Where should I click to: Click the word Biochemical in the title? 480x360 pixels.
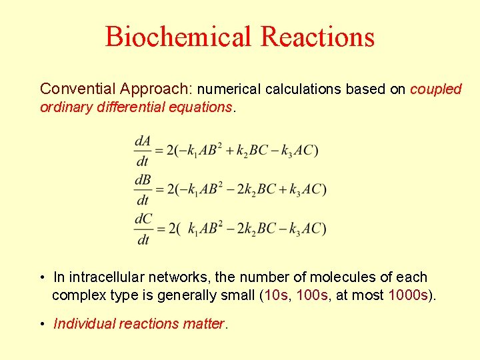point(179,37)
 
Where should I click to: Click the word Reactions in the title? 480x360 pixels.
point(318,37)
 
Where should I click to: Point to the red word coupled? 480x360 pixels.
point(436,89)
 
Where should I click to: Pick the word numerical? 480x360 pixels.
point(229,89)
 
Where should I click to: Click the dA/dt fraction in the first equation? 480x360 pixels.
point(143,150)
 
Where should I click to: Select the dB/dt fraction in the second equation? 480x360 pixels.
point(143,189)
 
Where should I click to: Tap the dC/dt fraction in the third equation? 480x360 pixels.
point(143,229)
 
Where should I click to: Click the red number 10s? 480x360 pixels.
point(276,295)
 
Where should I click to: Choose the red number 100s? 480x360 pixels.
point(313,295)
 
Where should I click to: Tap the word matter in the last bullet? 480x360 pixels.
point(203,324)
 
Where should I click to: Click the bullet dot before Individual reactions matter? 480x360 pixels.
point(42,325)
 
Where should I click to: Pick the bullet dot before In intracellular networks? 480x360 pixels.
point(42,277)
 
